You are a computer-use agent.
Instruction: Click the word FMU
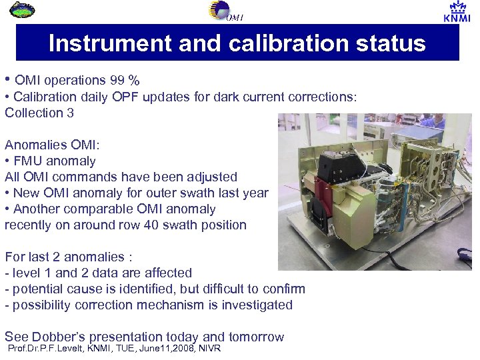[x=27, y=161]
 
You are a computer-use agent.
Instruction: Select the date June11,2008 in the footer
[x=152, y=349]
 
